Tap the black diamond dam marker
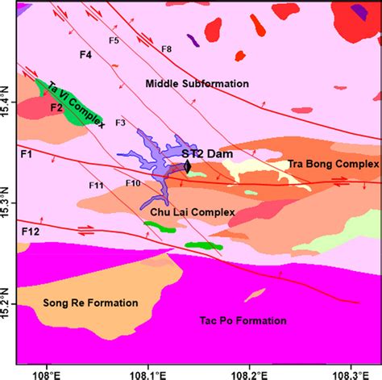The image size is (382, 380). click(188, 166)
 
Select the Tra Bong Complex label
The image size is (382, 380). click(332, 164)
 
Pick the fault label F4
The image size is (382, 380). click(85, 55)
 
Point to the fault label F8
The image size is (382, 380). click(166, 49)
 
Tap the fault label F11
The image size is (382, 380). click(96, 186)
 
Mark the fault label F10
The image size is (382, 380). click(133, 183)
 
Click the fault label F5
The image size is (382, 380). click(114, 40)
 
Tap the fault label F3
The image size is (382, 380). click(120, 123)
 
